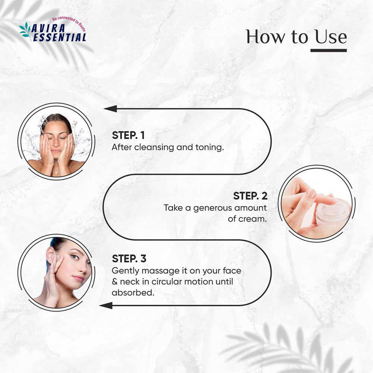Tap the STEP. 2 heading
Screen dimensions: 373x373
point(250,195)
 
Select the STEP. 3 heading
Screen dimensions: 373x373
point(129,258)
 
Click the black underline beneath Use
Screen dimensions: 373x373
point(329,50)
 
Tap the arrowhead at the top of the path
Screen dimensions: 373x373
point(110,109)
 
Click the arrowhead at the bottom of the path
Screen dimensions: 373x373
point(106,305)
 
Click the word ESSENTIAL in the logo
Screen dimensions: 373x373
point(60,37)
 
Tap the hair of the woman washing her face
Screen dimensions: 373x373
point(56,119)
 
